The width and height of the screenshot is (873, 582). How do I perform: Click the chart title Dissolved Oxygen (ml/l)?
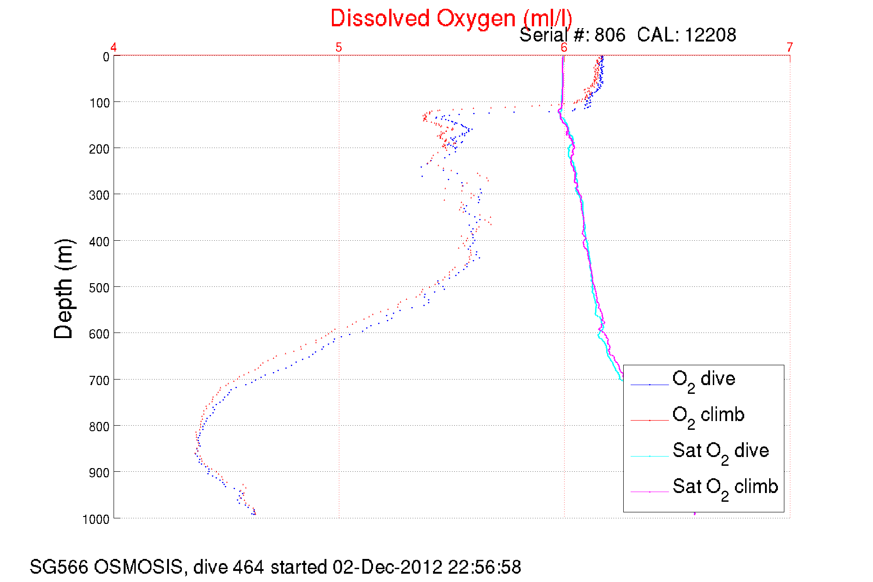coord(451,19)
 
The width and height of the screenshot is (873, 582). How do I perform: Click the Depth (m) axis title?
coord(63,289)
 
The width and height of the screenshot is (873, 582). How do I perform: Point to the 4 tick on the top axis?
coord(114,48)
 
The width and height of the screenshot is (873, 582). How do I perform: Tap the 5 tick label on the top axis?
coord(339,48)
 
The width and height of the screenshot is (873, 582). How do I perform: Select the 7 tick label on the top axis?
coord(789,48)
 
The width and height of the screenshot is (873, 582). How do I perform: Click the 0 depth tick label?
coord(106,57)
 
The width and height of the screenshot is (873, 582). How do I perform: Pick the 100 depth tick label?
coord(99,103)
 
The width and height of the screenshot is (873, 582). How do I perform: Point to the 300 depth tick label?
coord(99,196)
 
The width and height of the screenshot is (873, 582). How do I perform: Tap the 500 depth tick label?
coord(99,288)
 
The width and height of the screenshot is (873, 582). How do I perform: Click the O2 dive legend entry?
coord(704,380)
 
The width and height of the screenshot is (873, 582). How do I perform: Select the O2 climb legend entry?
coord(708,415)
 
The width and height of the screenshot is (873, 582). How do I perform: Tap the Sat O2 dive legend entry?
coord(720,451)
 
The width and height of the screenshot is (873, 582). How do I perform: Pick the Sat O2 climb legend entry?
coord(725,487)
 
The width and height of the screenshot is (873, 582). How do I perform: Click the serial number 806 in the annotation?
coord(609,35)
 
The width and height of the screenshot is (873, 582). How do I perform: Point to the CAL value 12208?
coord(710,35)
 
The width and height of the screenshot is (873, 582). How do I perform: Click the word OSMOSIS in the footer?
coord(138,567)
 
